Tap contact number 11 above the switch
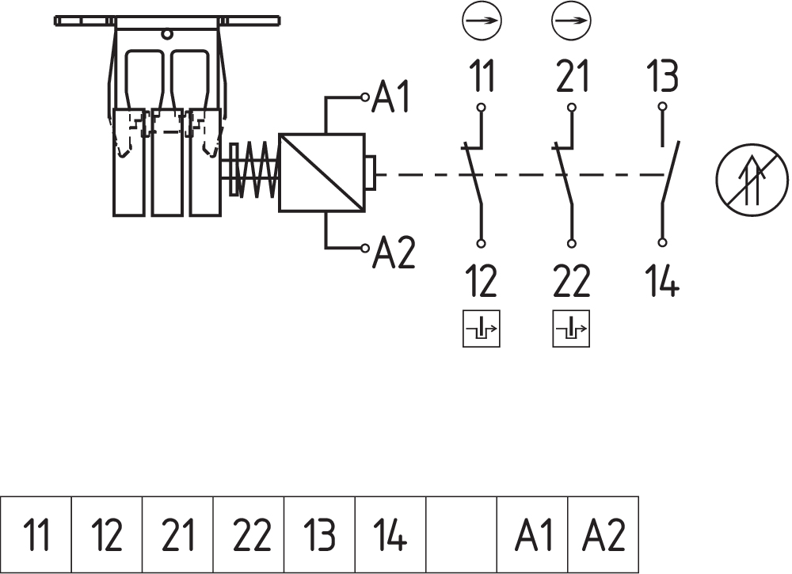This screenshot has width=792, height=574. (482, 78)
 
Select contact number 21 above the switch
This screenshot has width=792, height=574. (573, 78)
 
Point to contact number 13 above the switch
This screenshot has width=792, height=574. (662, 78)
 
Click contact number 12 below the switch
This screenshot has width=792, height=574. (482, 280)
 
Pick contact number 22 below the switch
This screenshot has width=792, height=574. (573, 280)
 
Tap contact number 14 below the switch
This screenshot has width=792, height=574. (663, 280)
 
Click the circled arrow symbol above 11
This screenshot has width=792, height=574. (482, 21)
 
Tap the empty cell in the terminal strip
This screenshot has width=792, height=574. (462, 535)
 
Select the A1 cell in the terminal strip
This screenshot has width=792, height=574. (533, 535)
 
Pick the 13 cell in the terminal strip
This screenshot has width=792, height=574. (320, 535)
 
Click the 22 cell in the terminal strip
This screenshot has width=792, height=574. (249, 535)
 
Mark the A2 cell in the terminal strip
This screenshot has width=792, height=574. (604, 535)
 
